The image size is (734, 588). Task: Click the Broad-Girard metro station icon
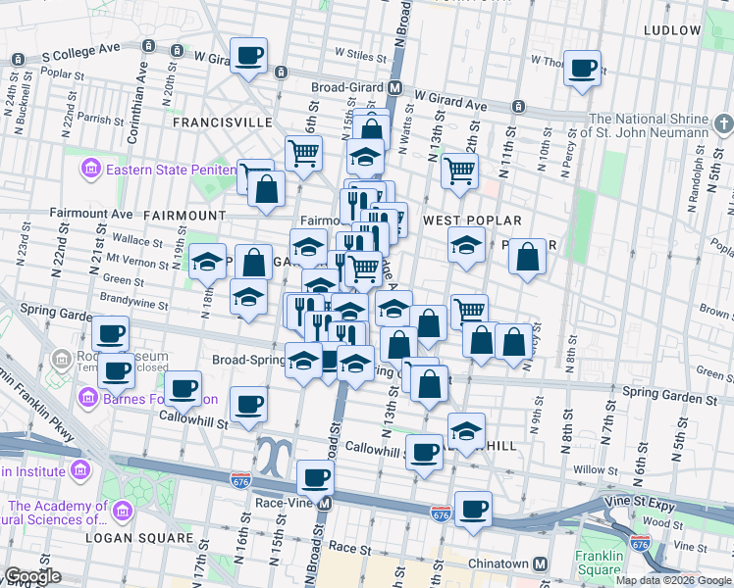pos(394,87)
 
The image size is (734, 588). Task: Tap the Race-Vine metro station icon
pos(325,503)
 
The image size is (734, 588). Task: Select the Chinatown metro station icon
pos(540,564)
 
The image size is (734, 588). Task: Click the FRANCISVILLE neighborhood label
pos(222,122)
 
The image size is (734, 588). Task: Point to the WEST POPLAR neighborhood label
pos(471,221)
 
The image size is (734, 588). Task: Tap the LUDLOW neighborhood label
pos(672,30)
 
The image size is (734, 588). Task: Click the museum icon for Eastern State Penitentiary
pos(91,170)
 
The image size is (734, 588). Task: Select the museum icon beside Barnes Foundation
pos(88,399)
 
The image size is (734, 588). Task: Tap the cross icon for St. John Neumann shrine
pos(723,123)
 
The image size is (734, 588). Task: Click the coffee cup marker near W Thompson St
pos(583,68)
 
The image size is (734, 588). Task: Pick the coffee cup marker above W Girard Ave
pos(249,54)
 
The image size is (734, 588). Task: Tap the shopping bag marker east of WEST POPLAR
pos(528,257)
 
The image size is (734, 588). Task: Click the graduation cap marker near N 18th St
pos(207,261)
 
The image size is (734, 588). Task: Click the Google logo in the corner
pos(33,576)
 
